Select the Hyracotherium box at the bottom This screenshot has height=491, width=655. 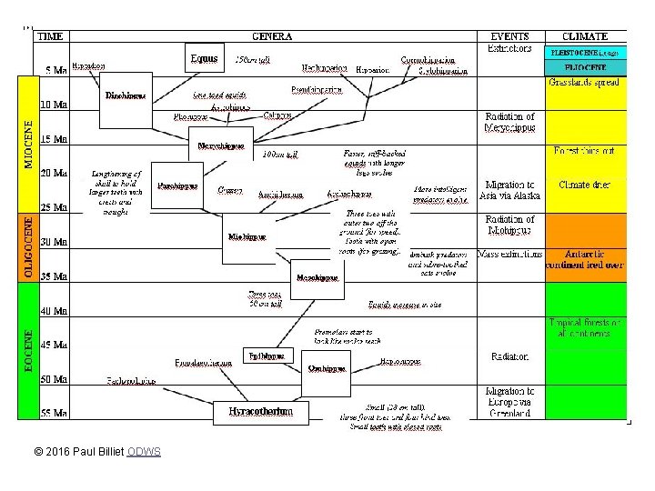pyautogui.click(x=261, y=412)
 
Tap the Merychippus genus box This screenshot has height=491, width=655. pyautogui.click(x=225, y=145)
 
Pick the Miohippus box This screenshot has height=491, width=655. pyautogui.click(x=247, y=236)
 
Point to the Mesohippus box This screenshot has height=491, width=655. pyautogui.click(x=317, y=277)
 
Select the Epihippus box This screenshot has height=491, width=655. pyautogui.click(x=268, y=356)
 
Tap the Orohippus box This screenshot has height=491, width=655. pyautogui.click(x=326, y=367)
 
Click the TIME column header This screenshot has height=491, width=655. pyautogui.click(x=50, y=37)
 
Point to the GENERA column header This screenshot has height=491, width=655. pyautogui.click(x=272, y=37)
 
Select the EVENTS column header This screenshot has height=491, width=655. pyautogui.click(x=509, y=37)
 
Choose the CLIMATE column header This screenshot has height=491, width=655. pyautogui.click(x=586, y=37)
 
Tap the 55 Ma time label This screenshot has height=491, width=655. pyautogui.click(x=54, y=414)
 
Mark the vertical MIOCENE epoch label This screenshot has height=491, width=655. pyautogui.click(x=30, y=144)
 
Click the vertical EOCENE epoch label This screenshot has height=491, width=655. pyautogui.click(x=30, y=355)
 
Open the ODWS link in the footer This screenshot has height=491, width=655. pyautogui.click(x=144, y=451)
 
